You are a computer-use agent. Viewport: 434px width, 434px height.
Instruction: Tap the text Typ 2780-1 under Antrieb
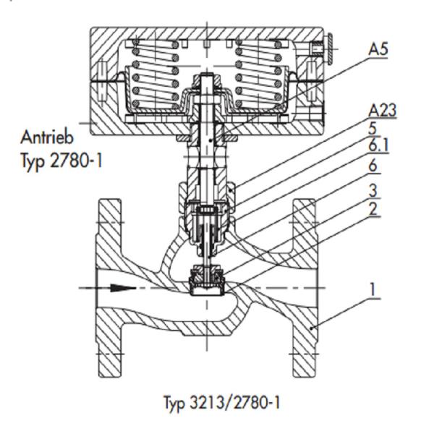(x=61, y=161)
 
